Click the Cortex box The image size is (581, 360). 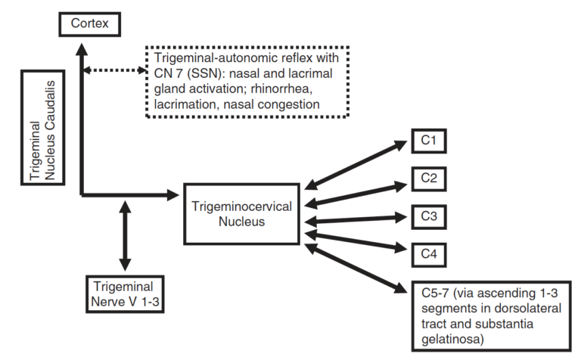[89, 24]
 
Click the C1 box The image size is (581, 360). [428, 141]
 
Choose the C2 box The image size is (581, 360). [428, 179]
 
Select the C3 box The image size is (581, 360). [428, 216]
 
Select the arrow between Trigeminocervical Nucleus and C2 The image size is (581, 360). [356, 193]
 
